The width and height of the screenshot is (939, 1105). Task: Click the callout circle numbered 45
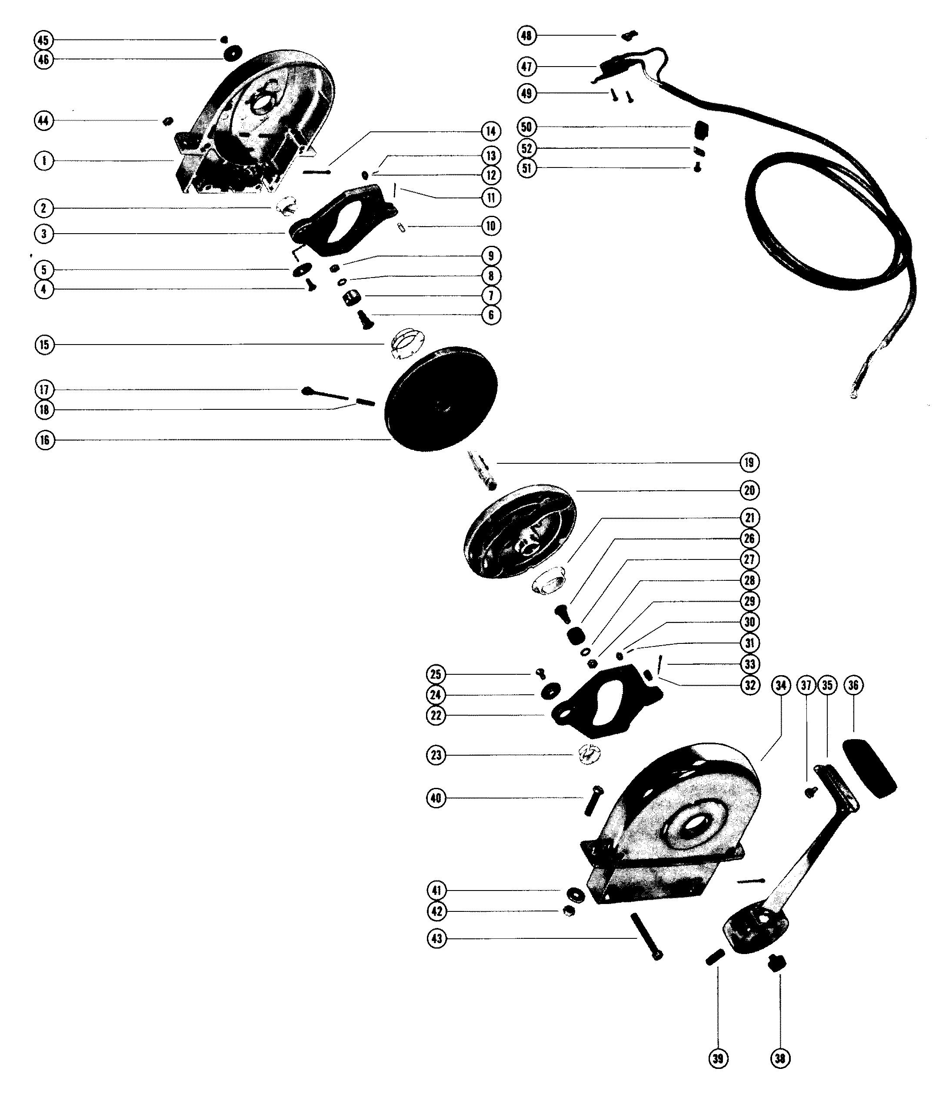click(x=43, y=40)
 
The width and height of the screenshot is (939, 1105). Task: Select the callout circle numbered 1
click(x=43, y=161)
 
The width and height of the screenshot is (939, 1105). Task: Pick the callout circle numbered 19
click(x=749, y=462)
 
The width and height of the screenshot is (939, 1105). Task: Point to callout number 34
click(x=780, y=685)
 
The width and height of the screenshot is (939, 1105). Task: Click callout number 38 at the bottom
click(x=780, y=1058)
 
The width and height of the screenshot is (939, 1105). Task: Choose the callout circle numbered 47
click(x=527, y=67)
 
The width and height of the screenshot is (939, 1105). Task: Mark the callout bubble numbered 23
click(x=436, y=755)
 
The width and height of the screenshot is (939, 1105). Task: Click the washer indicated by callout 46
click(x=233, y=53)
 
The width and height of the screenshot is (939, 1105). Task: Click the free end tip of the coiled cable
click(x=854, y=396)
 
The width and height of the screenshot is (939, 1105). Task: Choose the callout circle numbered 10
click(x=490, y=226)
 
